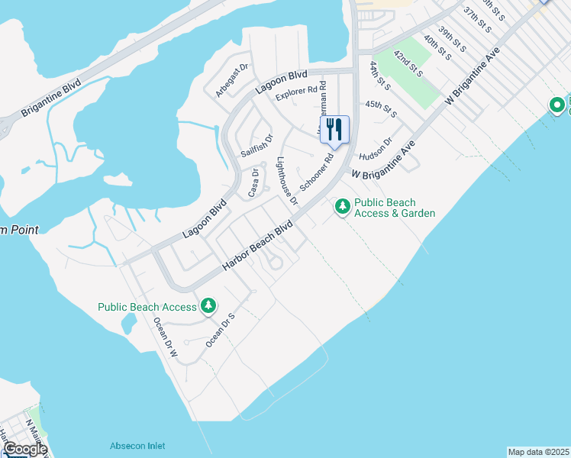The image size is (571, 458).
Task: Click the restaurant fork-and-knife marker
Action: click(334, 130)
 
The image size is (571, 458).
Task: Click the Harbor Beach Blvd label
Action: click(258, 246)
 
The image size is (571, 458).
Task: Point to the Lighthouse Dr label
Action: click(287, 181)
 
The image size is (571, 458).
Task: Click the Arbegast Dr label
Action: click(232, 80)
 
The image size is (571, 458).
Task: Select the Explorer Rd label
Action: click(295, 94)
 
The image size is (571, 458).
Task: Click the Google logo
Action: click(24, 449)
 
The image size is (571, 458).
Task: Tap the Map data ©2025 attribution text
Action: click(539, 452)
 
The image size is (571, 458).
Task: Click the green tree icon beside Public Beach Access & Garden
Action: click(343, 206)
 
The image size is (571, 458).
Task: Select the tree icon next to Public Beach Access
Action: click(208, 307)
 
